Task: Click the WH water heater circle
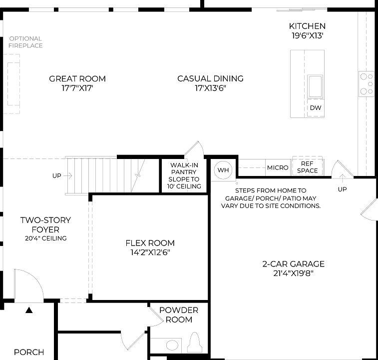[223, 170]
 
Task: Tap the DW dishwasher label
[315, 108]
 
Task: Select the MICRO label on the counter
[278, 167]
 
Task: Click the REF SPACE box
[307, 167]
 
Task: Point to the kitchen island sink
[315, 86]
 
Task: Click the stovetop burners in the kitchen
[367, 83]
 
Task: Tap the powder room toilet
[196, 344]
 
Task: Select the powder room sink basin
[172, 345]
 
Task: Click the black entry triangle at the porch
[29, 310]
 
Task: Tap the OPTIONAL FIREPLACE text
[25, 42]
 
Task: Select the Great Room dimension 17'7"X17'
[77, 87]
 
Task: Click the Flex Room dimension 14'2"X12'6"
[150, 252]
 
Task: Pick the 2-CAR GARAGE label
[294, 264]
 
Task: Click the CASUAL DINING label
[210, 78]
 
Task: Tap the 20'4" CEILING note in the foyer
[45, 238]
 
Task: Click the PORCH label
[28, 352]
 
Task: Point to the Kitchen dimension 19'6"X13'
[307, 35]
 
